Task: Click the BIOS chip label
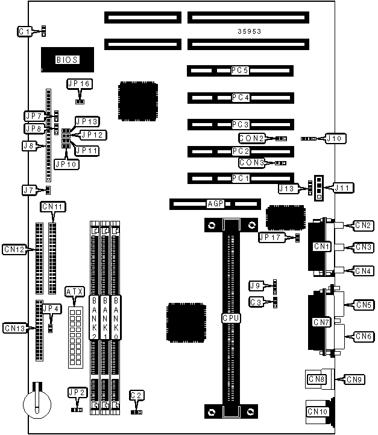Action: click(x=66, y=59)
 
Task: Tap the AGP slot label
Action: click(x=215, y=204)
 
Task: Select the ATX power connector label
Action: click(x=74, y=292)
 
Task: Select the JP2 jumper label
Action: click(x=77, y=392)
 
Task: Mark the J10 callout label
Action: click(x=336, y=138)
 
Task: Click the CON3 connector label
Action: click(x=251, y=162)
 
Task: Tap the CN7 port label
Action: click(x=321, y=322)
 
